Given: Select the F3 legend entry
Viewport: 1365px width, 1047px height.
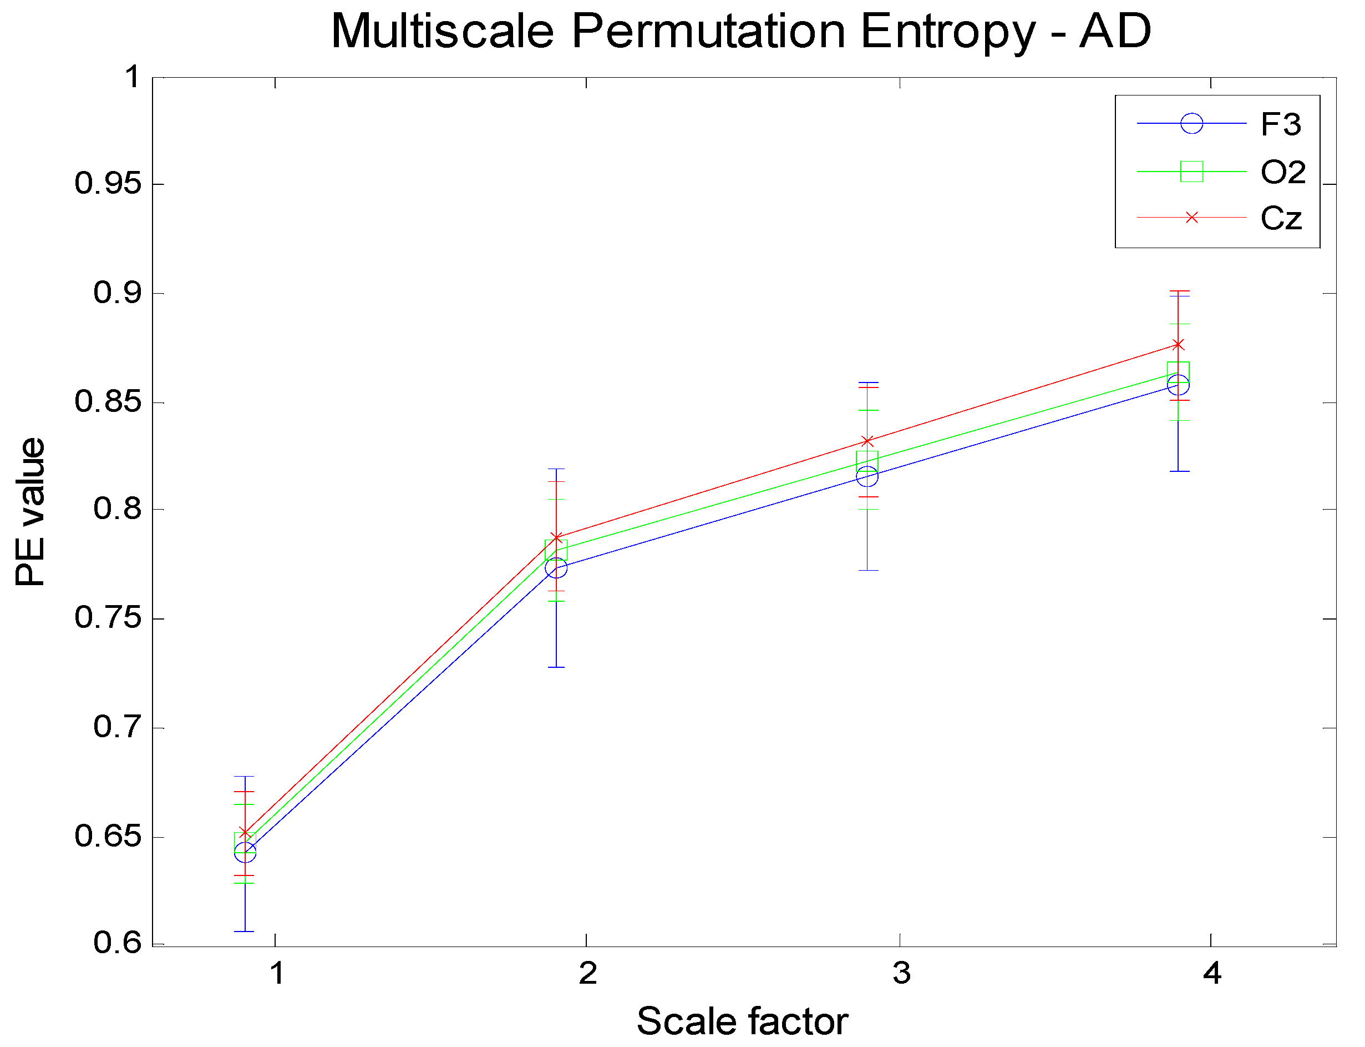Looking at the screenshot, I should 1280,124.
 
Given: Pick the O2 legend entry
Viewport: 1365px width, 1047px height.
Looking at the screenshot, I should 1282,172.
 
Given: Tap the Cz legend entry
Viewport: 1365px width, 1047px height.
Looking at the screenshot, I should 1281,218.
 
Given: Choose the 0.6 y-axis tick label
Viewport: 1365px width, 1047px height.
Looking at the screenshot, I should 118,943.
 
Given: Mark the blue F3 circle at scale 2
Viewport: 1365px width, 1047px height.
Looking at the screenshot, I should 556,568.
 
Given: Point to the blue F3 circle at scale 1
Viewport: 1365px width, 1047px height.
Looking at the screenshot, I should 245,852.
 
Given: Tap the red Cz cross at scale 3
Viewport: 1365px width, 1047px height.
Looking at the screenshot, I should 867,441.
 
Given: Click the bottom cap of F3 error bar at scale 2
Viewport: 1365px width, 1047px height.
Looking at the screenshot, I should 556,667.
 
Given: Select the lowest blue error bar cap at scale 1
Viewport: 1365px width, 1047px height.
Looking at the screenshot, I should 245,932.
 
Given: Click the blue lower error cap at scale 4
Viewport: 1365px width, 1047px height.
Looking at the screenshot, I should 1179,471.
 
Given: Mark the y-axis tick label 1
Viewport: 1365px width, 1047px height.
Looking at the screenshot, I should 132,77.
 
